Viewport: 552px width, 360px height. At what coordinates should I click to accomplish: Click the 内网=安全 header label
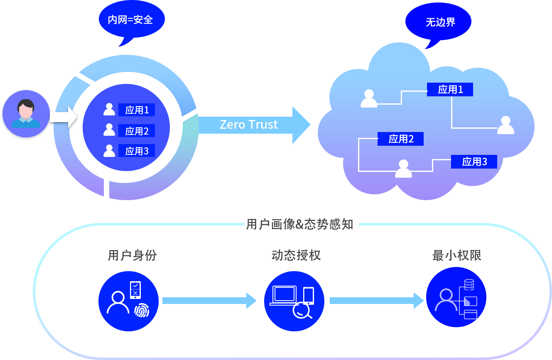pos(130,20)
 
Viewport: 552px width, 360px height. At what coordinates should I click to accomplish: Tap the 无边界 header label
pos(440,22)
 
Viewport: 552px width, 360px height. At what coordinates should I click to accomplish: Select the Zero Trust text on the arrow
pos(248,125)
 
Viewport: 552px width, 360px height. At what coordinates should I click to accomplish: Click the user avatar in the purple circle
pos(26,114)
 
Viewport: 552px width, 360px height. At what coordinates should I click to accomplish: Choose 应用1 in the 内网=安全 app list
pos(137,110)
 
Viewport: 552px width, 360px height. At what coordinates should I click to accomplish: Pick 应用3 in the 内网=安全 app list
pos(137,151)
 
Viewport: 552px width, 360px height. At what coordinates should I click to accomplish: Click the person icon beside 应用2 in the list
pos(109,130)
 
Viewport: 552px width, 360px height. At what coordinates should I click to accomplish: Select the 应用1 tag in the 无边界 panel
pos(450,90)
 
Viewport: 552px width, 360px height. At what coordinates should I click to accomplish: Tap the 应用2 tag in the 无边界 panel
pos(401,139)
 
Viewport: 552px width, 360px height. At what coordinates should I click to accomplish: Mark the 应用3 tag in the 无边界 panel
pos(474,162)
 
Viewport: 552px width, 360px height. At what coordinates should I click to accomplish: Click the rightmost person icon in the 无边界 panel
pos(505,125)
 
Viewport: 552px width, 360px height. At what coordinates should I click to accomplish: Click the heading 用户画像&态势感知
pos(299,225)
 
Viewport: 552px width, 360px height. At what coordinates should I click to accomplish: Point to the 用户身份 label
pos(132,255)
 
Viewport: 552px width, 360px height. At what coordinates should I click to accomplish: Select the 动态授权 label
pos(296,255)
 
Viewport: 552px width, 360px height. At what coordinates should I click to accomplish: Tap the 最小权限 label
pos(456,255)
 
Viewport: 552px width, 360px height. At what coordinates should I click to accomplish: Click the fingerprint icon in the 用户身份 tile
pos(142,310)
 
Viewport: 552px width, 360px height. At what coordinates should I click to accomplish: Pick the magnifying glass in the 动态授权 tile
pos(302,311)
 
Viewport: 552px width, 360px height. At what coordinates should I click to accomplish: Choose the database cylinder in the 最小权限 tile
pos(469,285)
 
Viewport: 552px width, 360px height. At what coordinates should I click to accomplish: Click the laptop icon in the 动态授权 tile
pos(284,295)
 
